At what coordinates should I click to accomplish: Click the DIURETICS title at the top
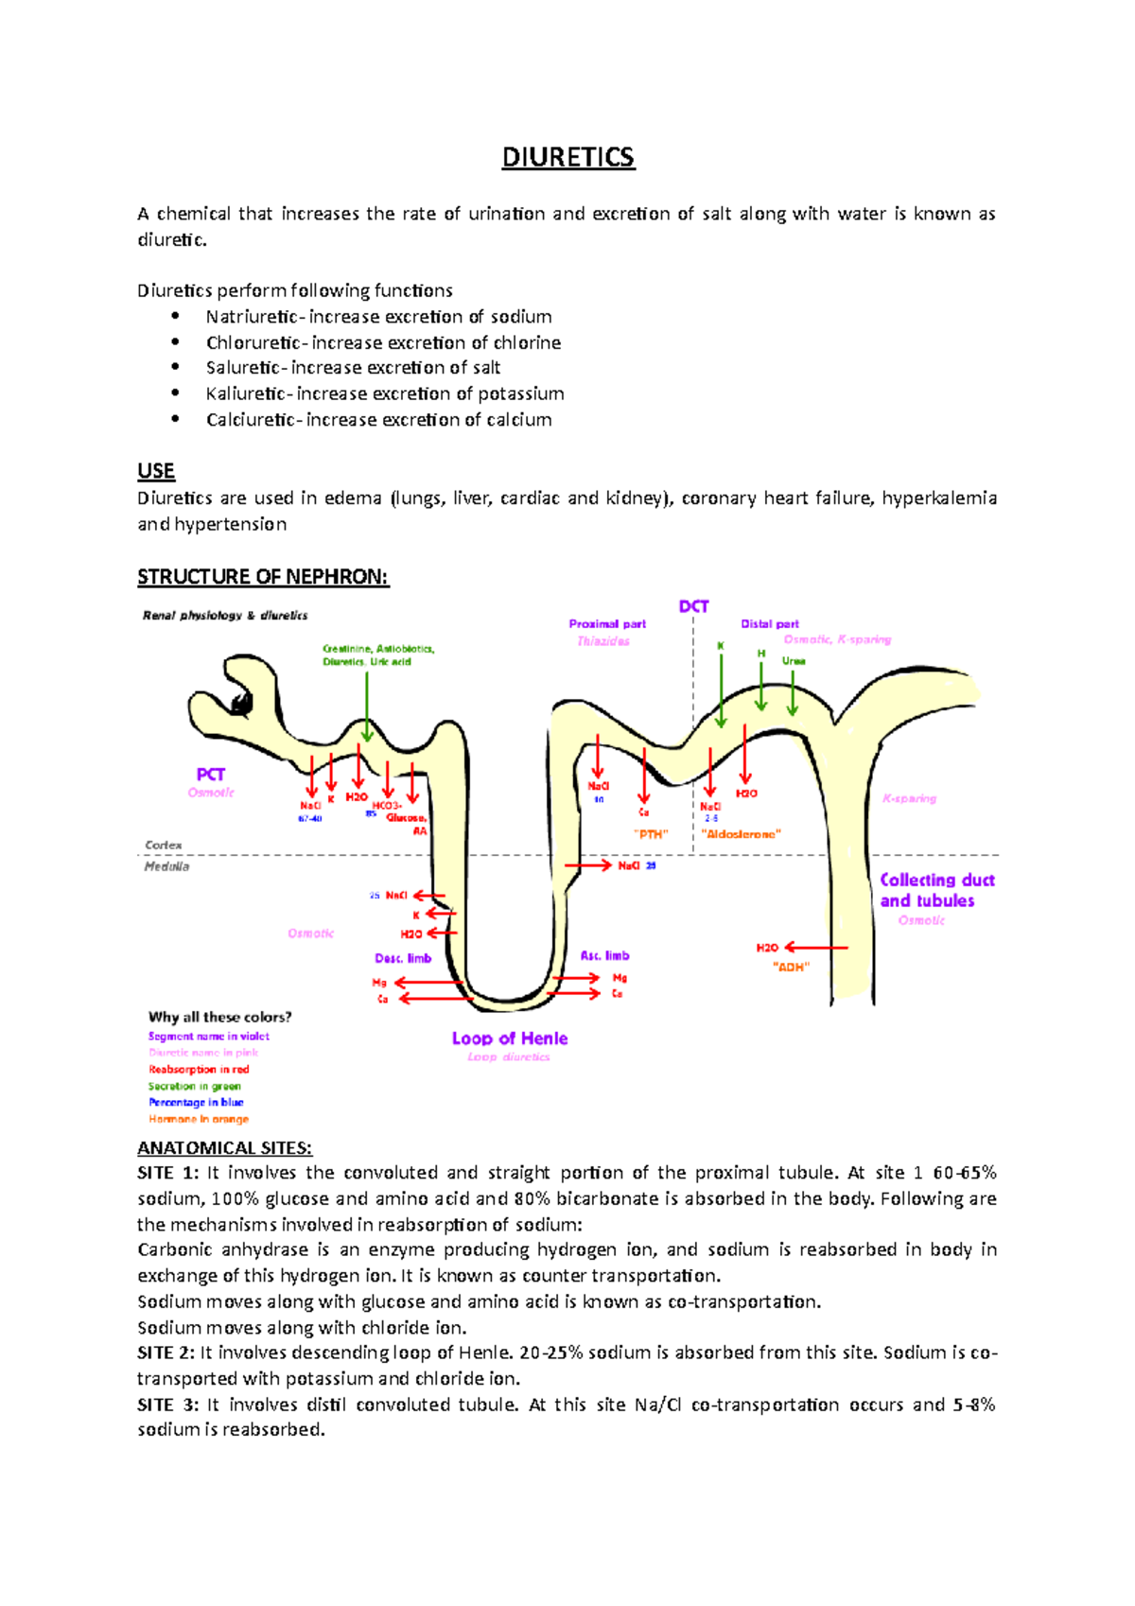(x=567, y=157)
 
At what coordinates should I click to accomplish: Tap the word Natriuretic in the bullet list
(x=251, y=317)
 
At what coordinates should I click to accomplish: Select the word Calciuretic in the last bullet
(x=250, y=420)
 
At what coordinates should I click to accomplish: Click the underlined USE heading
(x=156, y=471)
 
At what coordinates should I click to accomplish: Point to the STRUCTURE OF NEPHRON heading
(x=263, y=577)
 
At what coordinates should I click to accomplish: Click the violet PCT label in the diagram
(x=210, y=775)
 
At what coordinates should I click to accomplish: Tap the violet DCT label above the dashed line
(x=693, y=606)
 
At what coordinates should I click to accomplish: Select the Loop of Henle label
(x=509, y=1039)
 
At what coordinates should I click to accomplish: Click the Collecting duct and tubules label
(x=936, y=890)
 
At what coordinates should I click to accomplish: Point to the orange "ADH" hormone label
(x=791, y=967)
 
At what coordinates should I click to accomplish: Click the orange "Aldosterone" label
(x=742, y=834)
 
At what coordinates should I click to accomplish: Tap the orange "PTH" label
(x=651, y=834)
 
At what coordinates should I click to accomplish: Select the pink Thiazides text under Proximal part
(x=602, y=641)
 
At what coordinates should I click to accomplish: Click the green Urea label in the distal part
(x=793, y=661)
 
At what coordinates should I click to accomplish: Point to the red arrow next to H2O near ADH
(x=816, y=947)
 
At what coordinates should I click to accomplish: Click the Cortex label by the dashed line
(x=163, y=845)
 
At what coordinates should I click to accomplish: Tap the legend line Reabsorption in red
(x=199, y=1070)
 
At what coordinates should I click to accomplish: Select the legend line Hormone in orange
(x=199, y=1119)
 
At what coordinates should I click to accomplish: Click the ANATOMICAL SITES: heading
(x=224, y=1148)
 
